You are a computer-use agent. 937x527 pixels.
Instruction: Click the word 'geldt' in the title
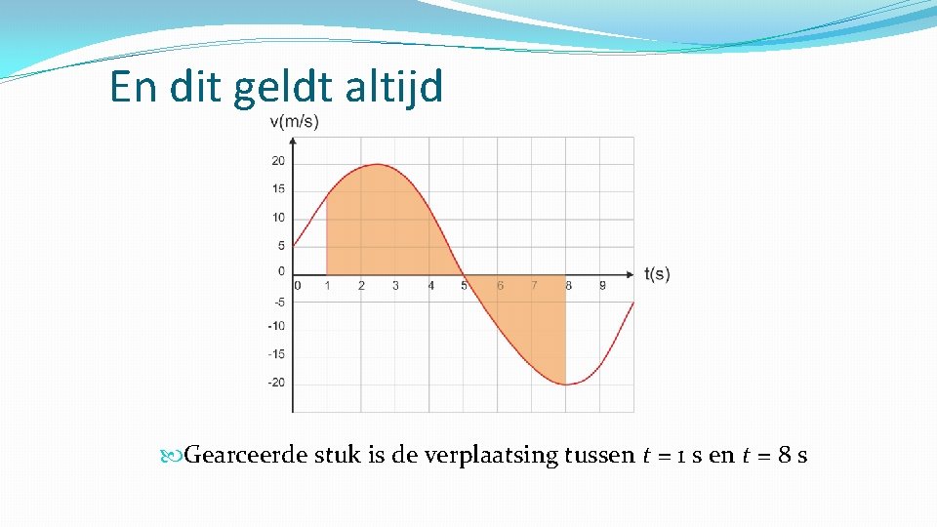285,87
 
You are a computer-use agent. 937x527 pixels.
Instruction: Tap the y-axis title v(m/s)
293,121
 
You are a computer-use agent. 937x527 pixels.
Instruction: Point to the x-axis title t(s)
657,274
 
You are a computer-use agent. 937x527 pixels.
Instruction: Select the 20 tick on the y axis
278,161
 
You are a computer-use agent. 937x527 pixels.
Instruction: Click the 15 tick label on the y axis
278,189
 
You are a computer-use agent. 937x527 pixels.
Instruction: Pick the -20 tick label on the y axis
276,383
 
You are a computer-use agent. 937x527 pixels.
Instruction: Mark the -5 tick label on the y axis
278,302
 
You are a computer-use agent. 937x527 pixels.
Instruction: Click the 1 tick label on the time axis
327,286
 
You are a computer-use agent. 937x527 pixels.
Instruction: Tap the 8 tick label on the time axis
568,286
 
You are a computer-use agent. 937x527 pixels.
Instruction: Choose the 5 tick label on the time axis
465,286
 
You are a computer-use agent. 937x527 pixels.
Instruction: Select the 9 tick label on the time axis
602,286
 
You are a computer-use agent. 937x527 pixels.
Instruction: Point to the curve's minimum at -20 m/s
567,384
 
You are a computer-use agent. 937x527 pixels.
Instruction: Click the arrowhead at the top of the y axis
293,142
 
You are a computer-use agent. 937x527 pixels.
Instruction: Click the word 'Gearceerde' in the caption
246,455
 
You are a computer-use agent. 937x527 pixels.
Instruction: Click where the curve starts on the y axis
293,247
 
